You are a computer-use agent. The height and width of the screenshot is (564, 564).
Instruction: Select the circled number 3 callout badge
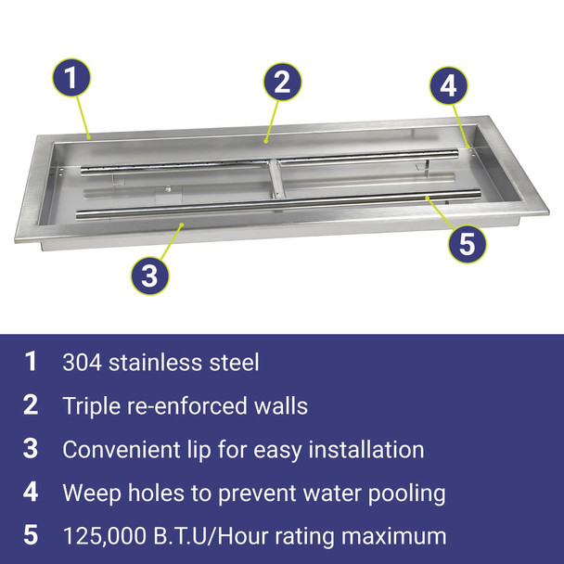coord(150,274)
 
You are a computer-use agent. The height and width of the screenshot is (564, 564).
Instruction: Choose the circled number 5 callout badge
coord(468,244)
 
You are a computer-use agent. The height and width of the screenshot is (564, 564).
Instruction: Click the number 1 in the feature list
coord(32,362)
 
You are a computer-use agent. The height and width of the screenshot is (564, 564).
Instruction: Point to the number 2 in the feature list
coord(32,405)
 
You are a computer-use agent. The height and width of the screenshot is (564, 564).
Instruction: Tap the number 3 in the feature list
coord(32,449)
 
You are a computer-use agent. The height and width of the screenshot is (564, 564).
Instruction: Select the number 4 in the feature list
coord(32,493)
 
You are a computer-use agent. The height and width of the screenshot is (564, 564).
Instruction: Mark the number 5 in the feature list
coord(32,536)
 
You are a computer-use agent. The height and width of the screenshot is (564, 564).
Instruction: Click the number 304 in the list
coord(83,362)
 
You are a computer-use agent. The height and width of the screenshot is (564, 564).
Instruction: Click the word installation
coord(370,450)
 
